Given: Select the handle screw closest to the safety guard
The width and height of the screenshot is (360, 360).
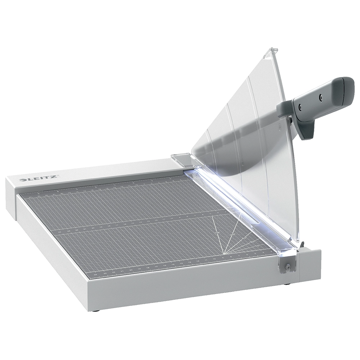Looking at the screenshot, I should (x=298, y=106).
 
